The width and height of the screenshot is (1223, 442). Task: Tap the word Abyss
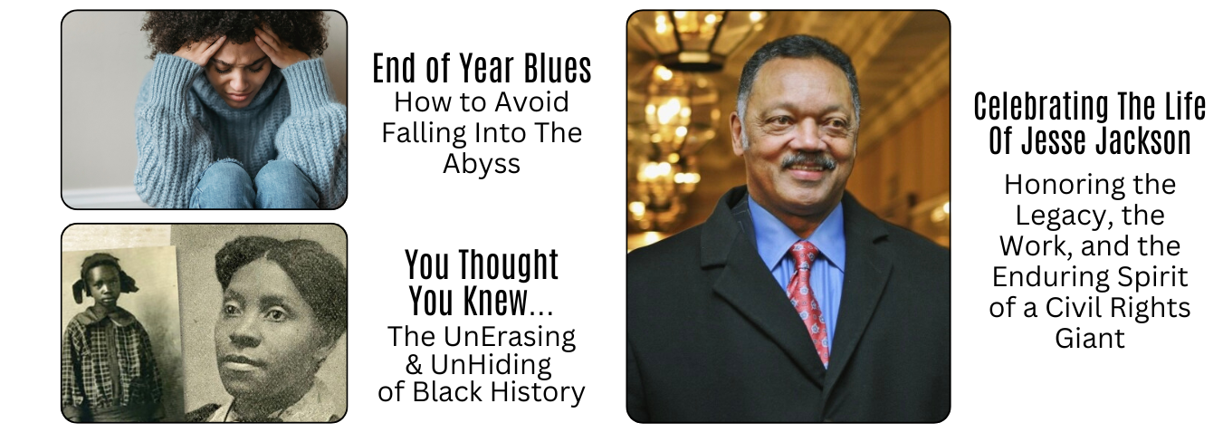(482, 163)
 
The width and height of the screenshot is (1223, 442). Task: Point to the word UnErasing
(510, 337)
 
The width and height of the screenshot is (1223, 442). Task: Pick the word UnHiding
(491, 364)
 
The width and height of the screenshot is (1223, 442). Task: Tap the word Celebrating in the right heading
(1041, 107)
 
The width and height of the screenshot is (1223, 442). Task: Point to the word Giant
(1090, 338)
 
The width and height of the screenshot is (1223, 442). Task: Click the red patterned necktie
(809, 303)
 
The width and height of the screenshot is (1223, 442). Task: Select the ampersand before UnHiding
(414, 364)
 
